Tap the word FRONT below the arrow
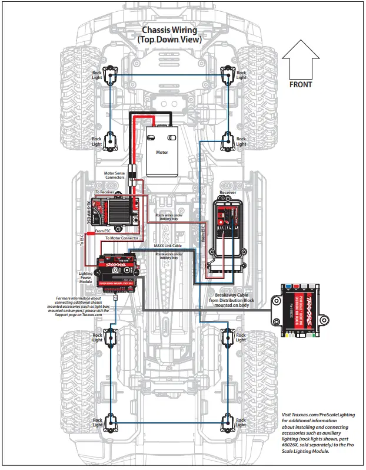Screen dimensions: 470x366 point(301,84)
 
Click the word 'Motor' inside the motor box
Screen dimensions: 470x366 point(162,152)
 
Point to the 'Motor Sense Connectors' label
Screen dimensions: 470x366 point(114,175)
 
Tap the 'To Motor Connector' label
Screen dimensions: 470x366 point(122,238)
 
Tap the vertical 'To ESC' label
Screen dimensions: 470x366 point(82,240)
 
